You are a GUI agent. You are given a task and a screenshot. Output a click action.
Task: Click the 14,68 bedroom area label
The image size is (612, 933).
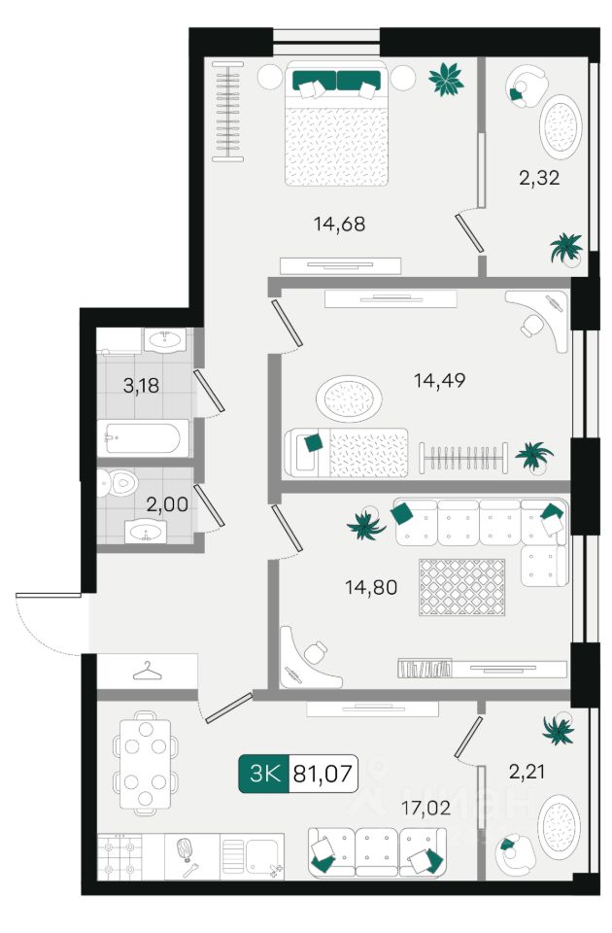click(x=340, y=225)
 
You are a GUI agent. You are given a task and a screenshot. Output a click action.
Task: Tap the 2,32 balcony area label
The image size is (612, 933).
click(x=539, y=178)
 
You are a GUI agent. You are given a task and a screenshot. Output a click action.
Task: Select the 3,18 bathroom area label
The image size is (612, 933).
click(x=141, y=386)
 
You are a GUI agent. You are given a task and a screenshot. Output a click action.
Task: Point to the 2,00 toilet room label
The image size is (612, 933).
click(x=167, y=504)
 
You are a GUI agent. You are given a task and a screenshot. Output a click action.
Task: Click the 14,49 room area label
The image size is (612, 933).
click(x=439, y=380)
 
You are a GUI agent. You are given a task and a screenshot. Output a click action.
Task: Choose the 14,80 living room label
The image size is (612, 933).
click(x=371, y=588)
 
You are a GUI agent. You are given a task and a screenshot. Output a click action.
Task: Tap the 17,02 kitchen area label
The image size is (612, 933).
click(x=425, y=808)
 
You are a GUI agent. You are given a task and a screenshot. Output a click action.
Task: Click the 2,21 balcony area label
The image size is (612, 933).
click(x=527, y=773)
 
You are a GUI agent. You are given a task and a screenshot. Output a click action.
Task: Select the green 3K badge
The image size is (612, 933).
click(x=263, y=774)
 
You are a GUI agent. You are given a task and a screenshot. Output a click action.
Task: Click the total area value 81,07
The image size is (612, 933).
click(x=323, y=774)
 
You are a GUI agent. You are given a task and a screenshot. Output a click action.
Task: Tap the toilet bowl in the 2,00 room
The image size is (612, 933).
click(x=117, y=483)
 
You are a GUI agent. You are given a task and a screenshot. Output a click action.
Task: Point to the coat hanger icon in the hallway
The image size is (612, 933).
click(x=147, y=671)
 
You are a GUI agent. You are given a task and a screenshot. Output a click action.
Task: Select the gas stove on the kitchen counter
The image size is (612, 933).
click(x=120, y=857)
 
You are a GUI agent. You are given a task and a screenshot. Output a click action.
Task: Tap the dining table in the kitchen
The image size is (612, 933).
click(x=145, y=764)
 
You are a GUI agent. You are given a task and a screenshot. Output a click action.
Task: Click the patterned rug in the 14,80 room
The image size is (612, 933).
click(x=461, y=587)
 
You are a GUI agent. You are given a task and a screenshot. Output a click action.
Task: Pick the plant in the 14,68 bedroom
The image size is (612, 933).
click(x=446, y=79)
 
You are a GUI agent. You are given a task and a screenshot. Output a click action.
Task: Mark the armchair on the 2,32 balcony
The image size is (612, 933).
click(x=526, y=86)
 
